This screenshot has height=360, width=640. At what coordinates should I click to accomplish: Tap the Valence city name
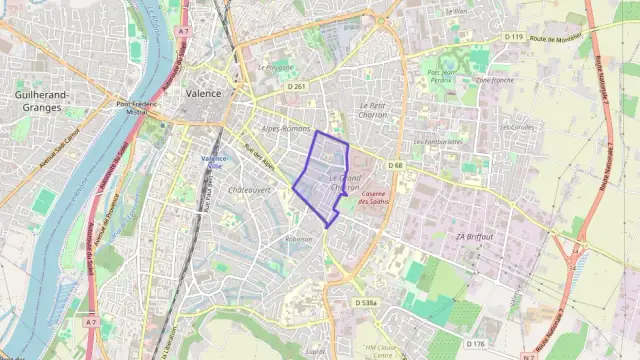pos(204,92)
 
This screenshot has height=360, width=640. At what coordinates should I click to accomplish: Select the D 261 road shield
pos(296,87)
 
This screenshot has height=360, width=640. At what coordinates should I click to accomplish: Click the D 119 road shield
pos(514,37)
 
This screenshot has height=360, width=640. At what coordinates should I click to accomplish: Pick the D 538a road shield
pos(365,302)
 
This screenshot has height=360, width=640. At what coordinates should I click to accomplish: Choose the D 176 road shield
pos(475,344)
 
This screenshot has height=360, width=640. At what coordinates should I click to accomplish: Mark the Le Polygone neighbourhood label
pos(275,68)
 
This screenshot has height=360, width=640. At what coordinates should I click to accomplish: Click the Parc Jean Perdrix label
pos(441,76)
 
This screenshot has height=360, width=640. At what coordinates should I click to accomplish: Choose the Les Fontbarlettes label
pos(437,142)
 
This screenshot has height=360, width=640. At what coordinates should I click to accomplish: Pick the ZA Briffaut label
pos(475,236)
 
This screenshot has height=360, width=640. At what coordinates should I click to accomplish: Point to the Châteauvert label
pos(250,188)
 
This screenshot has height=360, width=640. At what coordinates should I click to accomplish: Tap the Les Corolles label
pos(517,128)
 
